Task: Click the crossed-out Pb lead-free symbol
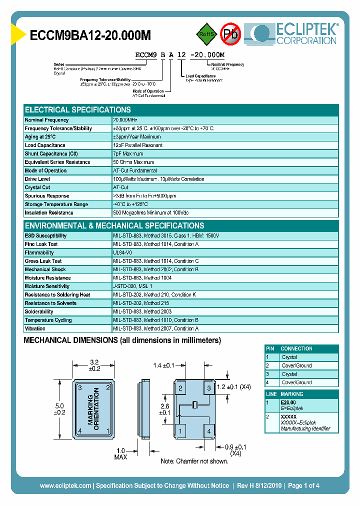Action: click(230, 34)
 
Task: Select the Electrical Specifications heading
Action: click(78, 109)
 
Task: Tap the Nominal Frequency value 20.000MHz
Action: click(125, 120)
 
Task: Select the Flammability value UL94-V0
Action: click(122, 253)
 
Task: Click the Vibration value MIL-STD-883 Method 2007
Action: click(155, 328)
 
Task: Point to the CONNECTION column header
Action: click(296, 348)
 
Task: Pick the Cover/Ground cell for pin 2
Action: click(296, 365)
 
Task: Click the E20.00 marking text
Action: click(288, 402)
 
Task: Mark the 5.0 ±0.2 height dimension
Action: click(59, 409)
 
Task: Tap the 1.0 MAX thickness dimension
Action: click(120, 453)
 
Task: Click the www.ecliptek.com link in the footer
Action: click(65, 485)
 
